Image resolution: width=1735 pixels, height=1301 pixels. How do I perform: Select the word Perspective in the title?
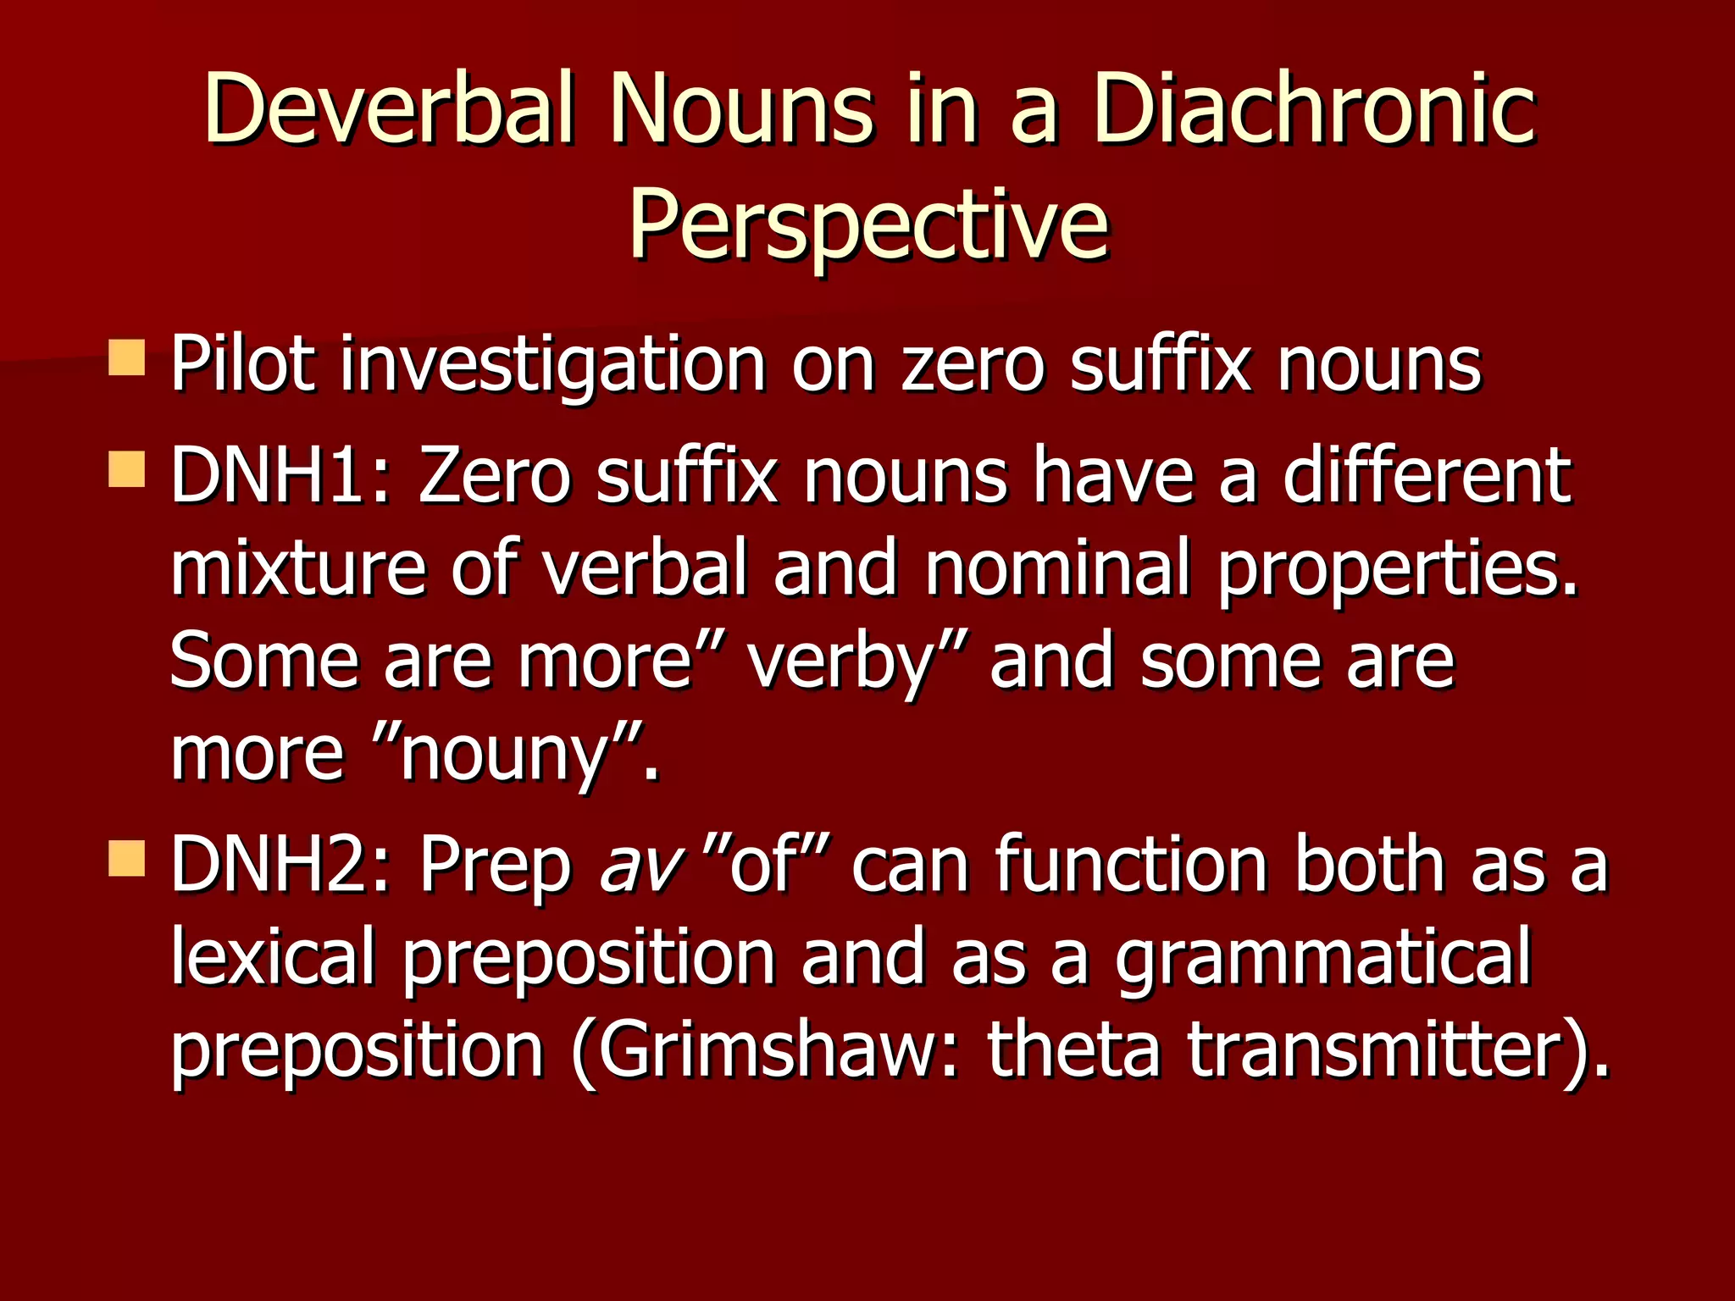[867, 224]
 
